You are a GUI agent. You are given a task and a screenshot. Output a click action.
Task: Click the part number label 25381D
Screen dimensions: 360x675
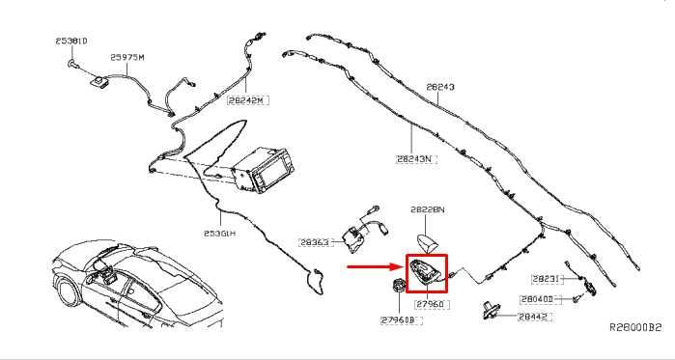(x=70, y=42)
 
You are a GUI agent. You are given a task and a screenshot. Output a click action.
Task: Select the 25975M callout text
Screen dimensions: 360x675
(x=127, y=57)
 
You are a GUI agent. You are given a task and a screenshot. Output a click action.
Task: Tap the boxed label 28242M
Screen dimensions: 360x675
(x=246, y=98)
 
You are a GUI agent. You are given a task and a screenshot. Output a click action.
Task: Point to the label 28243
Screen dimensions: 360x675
(x=440, y=87)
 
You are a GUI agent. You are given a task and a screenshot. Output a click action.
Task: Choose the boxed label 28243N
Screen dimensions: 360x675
(x=415, y=158)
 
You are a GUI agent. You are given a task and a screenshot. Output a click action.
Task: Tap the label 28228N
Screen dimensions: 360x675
(x=426, y=209)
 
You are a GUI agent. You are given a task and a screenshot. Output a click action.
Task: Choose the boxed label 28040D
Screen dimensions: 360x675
(x=536, y=299)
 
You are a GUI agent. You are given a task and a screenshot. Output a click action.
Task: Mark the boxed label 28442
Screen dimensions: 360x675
(x=533, y=316)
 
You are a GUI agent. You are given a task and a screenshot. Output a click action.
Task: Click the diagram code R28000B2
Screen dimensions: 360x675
(x=634, y=328)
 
